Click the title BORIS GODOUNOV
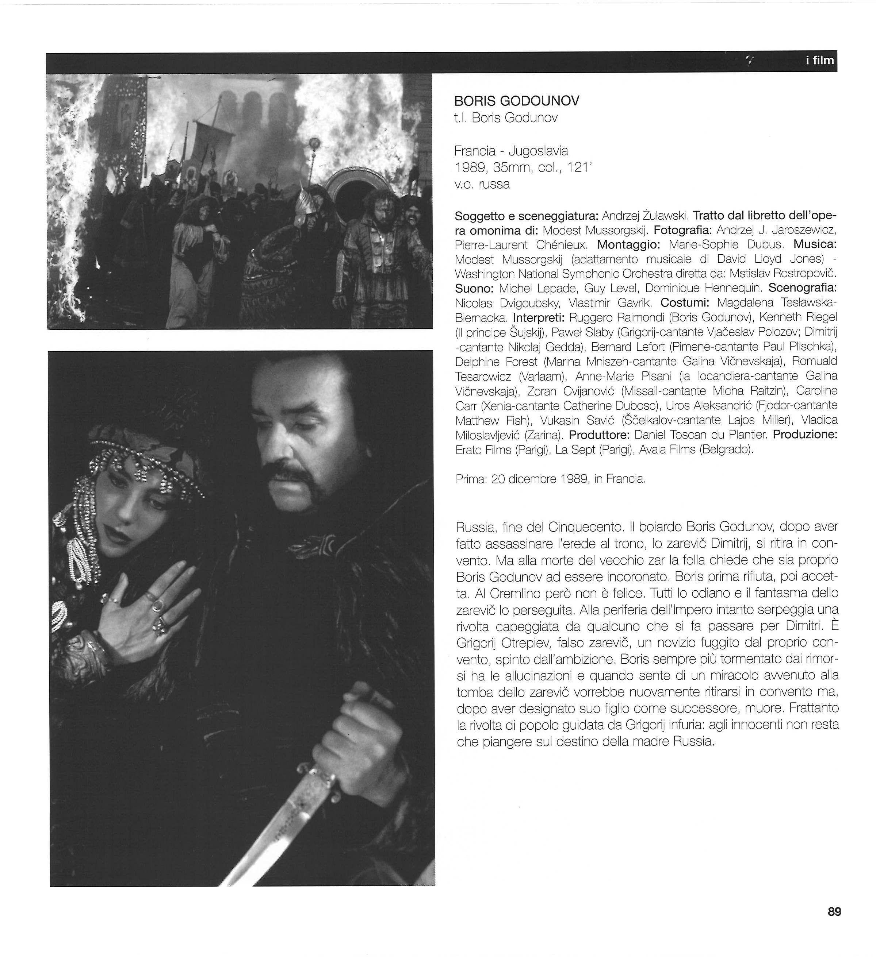[x=517, y=101]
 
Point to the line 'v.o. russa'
[x=482, y=184]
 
